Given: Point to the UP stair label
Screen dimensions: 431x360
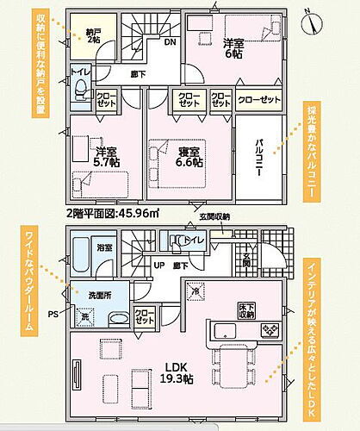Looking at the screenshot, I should pos(158,266).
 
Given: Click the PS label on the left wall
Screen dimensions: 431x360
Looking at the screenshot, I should pos(53,314).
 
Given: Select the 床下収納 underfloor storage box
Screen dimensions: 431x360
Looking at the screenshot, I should pos(247,309).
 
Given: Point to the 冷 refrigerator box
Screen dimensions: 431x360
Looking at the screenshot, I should pos(194,291).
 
